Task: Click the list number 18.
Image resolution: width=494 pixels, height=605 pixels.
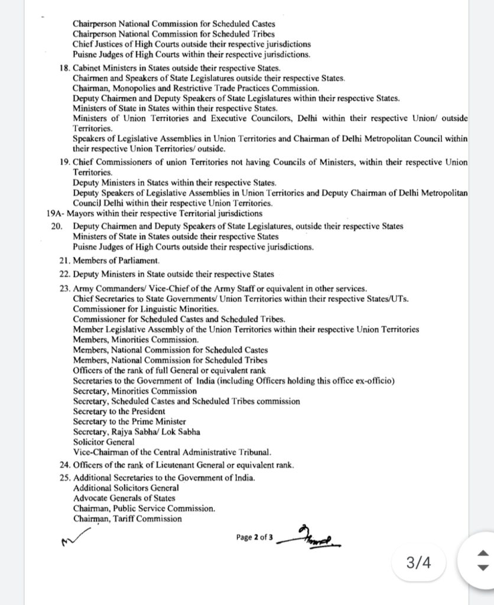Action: click(x=64, y=68)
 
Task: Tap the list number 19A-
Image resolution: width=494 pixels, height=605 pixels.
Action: click(x=56, y=213)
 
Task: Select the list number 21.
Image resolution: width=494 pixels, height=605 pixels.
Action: click(x=64, y=261)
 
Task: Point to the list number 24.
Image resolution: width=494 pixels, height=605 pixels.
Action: click(x=64, y=465)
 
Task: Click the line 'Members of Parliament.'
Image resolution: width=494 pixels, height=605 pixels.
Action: click(x=116, y=261)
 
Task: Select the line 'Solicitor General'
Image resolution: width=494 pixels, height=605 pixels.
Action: click(x=103, y=441)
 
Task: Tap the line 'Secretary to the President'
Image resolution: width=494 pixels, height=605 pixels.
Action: click(x=119, y=411)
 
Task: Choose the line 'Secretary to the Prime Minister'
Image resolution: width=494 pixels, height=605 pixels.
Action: click(x=129, y=421)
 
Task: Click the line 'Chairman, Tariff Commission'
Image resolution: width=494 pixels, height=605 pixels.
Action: click(x=127, y=519)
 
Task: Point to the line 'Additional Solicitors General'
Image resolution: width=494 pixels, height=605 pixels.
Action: click(x=126, y=489)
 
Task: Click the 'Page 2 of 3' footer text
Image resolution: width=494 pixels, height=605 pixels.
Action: click(x=255, y=537)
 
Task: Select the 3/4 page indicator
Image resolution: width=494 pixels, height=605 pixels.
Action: click(x=418, y=562)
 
